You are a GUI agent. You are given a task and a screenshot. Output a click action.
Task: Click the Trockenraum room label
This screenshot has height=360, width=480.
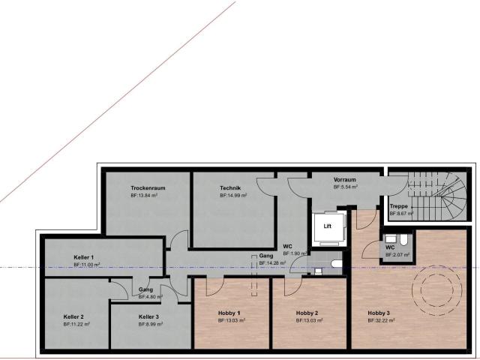click(x=147, y=187)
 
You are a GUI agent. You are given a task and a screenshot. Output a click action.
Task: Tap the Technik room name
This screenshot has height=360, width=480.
click(x=229, y=187)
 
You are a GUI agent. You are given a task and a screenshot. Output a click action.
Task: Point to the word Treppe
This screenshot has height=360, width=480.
click(x=398, y=206)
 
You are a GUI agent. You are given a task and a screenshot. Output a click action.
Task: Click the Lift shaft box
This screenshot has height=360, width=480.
click(x=328, y=226)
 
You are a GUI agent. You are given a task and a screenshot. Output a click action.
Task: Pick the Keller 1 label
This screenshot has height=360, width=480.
click(x=83, y=257)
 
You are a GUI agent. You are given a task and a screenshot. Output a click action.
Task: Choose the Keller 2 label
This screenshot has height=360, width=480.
click(x=73, y=316)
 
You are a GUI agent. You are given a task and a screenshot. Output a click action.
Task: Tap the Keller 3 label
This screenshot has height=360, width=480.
click(x=148, y=316)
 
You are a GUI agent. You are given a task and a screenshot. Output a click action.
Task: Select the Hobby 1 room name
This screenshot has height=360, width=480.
click(x=229, y=313)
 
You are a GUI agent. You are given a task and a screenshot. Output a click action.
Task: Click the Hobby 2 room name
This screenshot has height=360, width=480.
click(x=307, y=313)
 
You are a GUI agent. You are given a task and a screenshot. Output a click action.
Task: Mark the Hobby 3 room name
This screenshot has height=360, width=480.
click(x=379, y=313)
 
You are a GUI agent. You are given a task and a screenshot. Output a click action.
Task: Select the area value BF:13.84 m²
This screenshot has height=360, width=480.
click(x=144, y=195)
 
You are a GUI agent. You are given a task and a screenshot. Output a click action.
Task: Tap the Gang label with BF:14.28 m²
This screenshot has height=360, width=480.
click(x=266, y=256)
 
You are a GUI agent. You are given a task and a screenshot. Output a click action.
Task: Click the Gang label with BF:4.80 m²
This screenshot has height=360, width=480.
click(x=145, y=289)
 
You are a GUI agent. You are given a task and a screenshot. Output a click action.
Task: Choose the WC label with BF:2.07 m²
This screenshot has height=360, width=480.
click(x=390, y=247)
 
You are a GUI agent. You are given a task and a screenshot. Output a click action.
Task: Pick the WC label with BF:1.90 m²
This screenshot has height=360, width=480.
click(x=287, y=246)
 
